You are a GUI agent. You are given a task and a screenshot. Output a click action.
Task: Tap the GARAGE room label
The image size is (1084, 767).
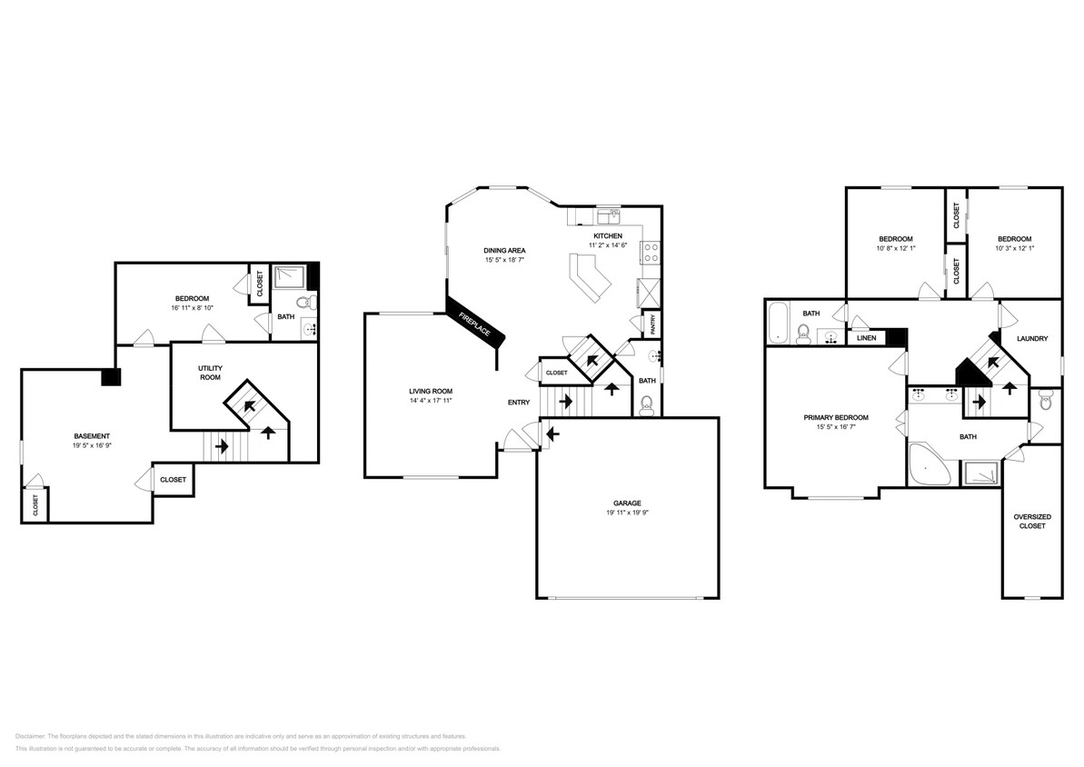(x=627, y=503)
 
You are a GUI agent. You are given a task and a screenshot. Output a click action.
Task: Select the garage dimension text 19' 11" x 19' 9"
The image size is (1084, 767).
(x=627, y=513)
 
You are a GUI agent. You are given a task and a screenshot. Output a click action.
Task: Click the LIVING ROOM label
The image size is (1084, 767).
(x=430, y=391)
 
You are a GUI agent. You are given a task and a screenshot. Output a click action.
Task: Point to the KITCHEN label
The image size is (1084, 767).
(x=608, y=235)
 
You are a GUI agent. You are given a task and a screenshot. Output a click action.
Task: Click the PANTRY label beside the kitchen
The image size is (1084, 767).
(x=651, y=323)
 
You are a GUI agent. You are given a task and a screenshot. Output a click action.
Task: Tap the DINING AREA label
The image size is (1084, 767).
(x=505, y=250)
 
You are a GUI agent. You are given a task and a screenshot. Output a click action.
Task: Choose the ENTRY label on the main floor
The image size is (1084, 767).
(x=519, y=402)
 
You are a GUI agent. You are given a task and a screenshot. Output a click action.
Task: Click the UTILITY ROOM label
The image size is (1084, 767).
(x=211, y=372)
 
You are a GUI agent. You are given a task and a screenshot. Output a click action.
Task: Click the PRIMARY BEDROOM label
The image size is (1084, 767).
(x=835, y=417)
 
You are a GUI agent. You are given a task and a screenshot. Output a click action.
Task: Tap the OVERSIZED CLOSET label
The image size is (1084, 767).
(x=1032, y=521)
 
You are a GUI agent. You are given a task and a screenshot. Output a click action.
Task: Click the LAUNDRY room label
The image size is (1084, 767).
(x=1032, y=339)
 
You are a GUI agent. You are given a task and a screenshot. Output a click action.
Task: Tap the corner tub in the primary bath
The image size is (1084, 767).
(x=928, y=466)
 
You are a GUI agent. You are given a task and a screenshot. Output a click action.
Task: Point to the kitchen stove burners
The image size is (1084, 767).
(x=651, y=252)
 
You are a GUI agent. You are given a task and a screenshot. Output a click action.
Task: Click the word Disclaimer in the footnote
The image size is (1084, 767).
(x=30, y=736)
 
